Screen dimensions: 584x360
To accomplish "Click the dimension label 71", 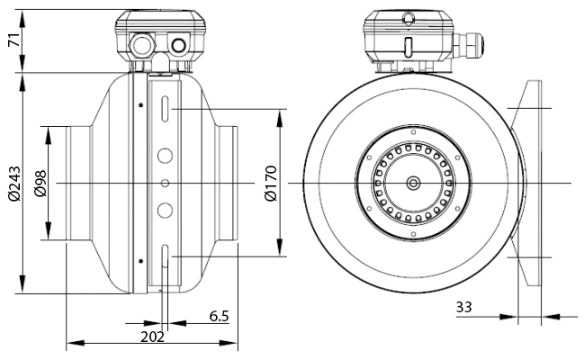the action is [14, 40].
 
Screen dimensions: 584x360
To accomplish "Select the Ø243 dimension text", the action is [14, 184].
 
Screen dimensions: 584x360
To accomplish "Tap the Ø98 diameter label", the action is [40, 184].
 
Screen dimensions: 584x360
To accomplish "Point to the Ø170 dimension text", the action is [271, 183].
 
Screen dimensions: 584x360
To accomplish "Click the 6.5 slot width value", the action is [219, 316].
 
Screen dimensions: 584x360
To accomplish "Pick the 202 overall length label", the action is [152, 337].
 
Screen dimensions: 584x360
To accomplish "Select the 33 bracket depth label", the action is [464, 307].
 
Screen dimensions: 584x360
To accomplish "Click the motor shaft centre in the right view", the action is [413, 183].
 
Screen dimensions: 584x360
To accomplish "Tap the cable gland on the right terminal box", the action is [469, 45].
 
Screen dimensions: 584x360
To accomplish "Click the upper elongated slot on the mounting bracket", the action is [165, 109].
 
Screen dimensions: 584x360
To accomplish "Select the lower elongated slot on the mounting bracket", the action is [165, 256].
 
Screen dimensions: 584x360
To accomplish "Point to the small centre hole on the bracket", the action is [165, 183].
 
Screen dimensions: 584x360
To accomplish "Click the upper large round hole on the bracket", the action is [165, 156].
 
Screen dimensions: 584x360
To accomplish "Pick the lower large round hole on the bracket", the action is [165, 211].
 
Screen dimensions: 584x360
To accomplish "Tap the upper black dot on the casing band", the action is [140, 105].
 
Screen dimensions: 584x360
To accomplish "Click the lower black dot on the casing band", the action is [140, 261].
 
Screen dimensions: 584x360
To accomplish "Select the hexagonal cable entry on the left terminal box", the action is [141, 45].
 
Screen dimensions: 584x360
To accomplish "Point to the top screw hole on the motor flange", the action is [413, 132].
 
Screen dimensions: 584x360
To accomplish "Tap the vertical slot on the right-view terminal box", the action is [409, 47].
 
